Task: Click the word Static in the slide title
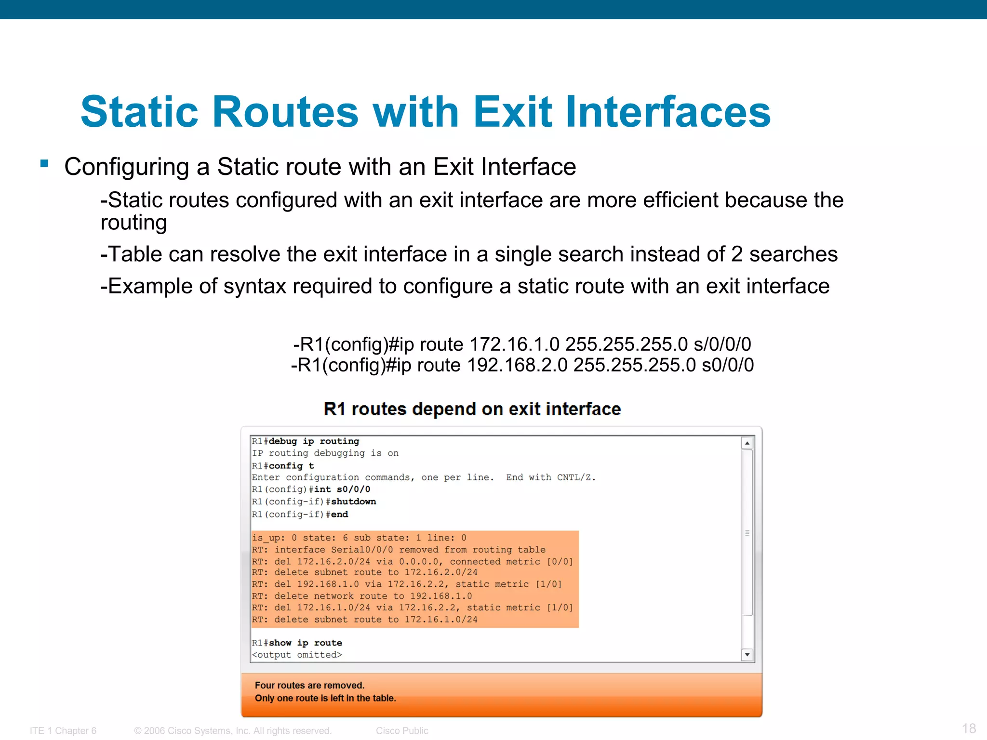[x=139, y=112]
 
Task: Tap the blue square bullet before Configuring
[x=44, y=164]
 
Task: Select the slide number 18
[x=969, y=728]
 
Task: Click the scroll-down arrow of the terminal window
[x=747, y=654]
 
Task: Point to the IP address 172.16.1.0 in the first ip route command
[x=514, y=344]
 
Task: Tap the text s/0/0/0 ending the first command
[x=722, y=344]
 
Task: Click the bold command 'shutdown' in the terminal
[x=353, y=502]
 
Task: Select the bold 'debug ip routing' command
[x=314, y=441]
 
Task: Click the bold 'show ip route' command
[x=305, y=643]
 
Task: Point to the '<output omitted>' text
[x=297, y=655]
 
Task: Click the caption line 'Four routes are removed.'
[x=309, y=685]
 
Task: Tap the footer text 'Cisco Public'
[x=402, y=731]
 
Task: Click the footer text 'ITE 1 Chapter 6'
[x=63, y=731]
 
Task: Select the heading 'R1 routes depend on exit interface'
[x=472, y=409]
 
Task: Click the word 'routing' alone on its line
[x=133, y=223]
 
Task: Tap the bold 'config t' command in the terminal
[x=291, y=466]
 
